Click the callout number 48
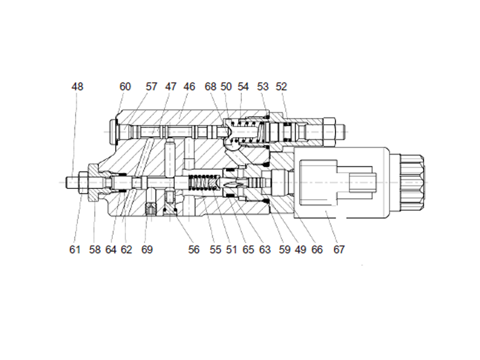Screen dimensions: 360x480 (77, 86)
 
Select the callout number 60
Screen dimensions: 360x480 (125, 86)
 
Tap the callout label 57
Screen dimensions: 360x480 (151, 86)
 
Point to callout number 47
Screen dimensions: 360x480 (171, 86)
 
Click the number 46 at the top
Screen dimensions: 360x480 (190, 86)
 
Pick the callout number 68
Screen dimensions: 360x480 (210, 86)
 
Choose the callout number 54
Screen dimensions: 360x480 (243, 86)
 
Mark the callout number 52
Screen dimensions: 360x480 (281, 86)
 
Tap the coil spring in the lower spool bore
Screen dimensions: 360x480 (204, 181)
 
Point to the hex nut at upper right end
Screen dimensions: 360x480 (329, 128)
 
